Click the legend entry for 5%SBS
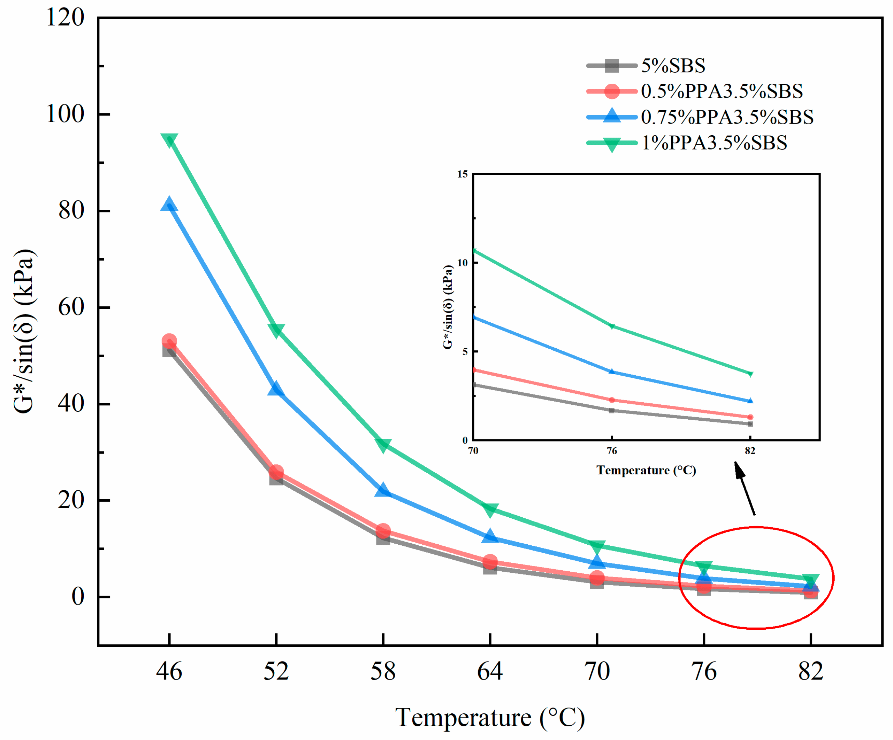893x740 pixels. coord(673,66)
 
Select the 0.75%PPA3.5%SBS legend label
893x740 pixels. coord(727,117)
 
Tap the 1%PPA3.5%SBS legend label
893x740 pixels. coord(714,142)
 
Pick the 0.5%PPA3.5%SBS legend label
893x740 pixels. coord(722,91)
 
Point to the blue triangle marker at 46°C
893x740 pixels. coord(169,205)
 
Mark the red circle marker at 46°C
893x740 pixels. coord(169,341)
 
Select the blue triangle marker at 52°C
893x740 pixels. coord(276,389)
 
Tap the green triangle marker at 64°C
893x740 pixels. coord(490,509)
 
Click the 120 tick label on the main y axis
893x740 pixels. coord(65,18)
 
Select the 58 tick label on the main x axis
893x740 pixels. coord(383,672)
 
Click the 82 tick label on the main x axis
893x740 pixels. coord(811,672)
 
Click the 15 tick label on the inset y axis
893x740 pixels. coord(462,174)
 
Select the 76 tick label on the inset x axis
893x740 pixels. coord(612,450)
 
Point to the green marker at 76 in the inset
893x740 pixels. coord(612,326)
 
